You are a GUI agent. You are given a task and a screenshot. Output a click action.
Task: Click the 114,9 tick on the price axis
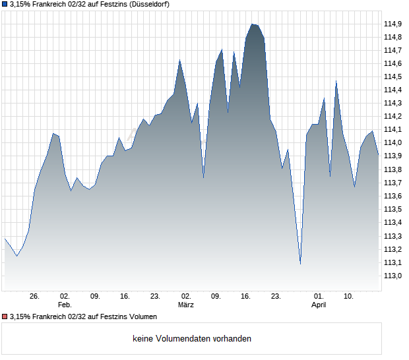pyautogui.click(x=393, y=24)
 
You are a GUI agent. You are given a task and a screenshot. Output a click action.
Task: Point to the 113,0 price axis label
pyautogui.click(x=393, y=276)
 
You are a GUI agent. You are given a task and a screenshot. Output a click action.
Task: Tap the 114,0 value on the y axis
pyautogui.click(x=393, y=142)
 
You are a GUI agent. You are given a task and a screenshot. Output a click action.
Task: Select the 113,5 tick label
pyautogui.click(x=393, y=209)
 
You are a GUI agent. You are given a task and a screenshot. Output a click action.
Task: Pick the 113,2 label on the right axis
pyautogui.click(x=393, y=249)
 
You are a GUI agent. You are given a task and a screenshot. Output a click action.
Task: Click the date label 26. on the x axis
pyautogui.click(x=35, y=296)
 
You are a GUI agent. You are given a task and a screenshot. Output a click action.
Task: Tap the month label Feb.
pyautogui.click(x=64, y=305)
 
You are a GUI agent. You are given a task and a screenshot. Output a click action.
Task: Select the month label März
pyautogui.click(x=186, y=305)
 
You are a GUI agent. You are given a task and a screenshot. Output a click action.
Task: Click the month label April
pyautogui.click(x=319, y=305)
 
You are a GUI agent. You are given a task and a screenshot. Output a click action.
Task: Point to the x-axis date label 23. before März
pyautogui.click(x=155, y=296)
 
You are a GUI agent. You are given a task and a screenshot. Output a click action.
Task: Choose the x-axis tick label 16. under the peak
pyautogui.click(x=246, y=296)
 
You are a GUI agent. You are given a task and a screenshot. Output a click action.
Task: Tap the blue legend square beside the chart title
pyautogui.click(x=5, y=5)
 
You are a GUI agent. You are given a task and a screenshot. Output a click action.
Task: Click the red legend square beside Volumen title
pyautogui.click(x=5, y=316)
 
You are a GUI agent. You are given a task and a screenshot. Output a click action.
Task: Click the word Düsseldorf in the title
pyautogui.click(x=148, y=5)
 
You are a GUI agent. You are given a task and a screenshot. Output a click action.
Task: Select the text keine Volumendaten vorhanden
pyautogui.click(x=192, y=339)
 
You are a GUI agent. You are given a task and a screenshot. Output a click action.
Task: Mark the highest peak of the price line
pyautogui.click(x=252, y=24)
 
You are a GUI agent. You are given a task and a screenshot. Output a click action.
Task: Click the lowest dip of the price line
pyautogui.click(x=300, y=264)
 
